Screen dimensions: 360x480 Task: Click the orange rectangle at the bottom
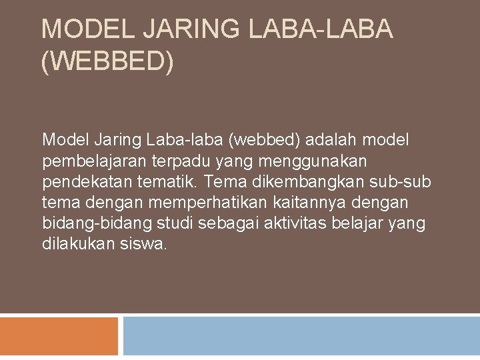click(x=59, y=336)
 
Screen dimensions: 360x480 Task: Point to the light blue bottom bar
click(x=301, y=336)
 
